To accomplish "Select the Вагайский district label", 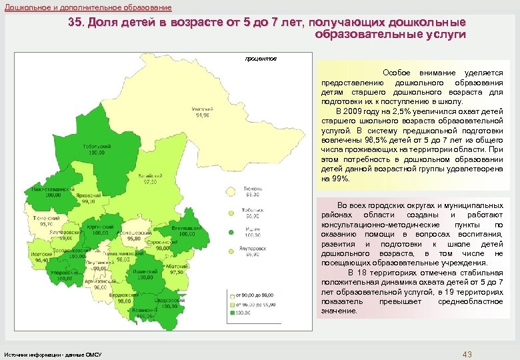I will point(147,177).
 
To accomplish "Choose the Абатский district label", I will point(175,267).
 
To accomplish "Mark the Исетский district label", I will point(40,257).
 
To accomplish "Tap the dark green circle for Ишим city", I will point(231,233).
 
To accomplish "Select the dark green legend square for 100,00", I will point(231,312).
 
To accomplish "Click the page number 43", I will point(467,353).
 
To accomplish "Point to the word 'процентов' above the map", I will point(261,59).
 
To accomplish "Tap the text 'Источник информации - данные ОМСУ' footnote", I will point(53,353).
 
